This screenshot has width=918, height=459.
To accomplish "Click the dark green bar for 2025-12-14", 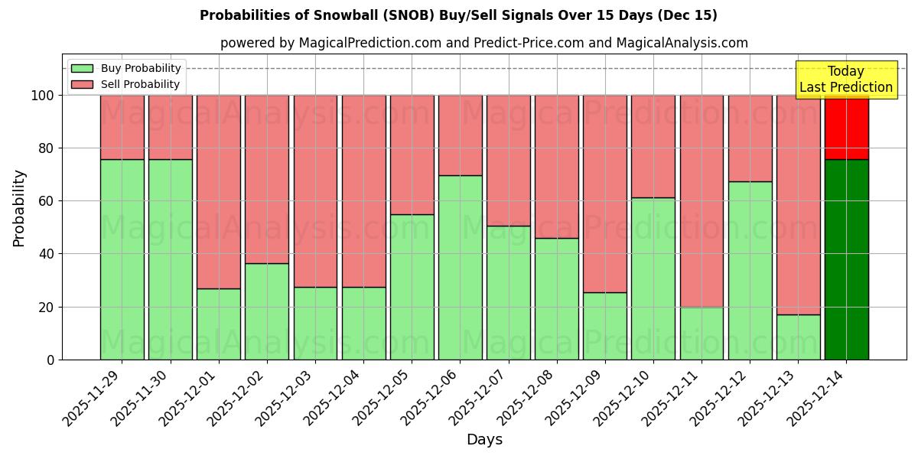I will coord(846,260).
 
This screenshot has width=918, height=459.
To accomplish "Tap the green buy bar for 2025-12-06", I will coord(460,268).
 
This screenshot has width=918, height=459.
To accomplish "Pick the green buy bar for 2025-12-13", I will coord(798,337).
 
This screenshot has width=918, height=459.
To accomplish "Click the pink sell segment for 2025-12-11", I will coord(702,200).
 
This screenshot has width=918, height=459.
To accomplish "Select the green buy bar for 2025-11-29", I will coord(122,260).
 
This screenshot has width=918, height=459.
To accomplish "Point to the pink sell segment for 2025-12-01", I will coord(218,191).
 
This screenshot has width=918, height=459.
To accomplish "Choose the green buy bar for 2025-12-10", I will coord(653,279).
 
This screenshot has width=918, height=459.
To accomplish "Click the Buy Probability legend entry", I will coord(126,68).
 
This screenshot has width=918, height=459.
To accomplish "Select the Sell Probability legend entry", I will coord(126,84).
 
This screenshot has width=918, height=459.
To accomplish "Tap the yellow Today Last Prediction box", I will coord(846,80).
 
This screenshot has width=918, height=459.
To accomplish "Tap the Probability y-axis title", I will coord(19,207).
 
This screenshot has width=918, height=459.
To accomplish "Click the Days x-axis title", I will coord(484,440).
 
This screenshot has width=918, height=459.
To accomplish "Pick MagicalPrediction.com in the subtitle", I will coord(369,43).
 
